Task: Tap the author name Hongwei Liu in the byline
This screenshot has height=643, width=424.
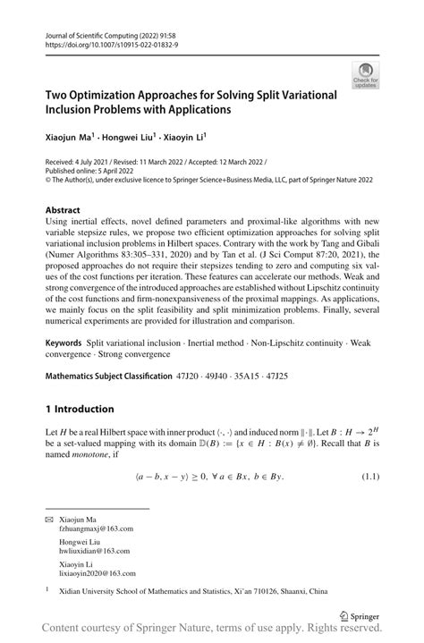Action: pos(131,138)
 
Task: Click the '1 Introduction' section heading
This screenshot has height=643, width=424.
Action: pos(80,409)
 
